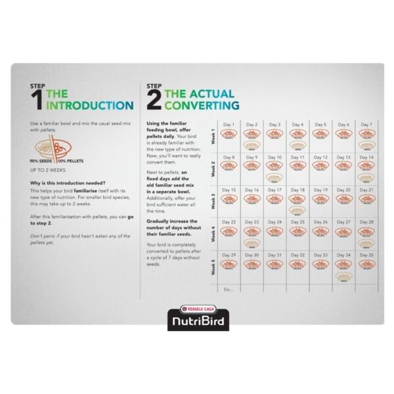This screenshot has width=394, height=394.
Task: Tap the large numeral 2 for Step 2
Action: pos(154,100)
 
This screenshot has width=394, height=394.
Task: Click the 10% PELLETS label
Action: pos(70,160)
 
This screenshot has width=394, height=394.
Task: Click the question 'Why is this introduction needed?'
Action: pos(68,183)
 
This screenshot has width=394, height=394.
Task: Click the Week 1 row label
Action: pos(211,137)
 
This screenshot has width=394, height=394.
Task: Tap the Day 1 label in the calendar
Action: pos(229,124)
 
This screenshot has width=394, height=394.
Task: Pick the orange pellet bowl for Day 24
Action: pos(274,230)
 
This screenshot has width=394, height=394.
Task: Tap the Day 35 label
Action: pos(366,255)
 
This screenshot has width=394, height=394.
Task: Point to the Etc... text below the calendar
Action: pos(228,288)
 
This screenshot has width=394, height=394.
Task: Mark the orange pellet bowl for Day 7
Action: pos(366,133)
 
